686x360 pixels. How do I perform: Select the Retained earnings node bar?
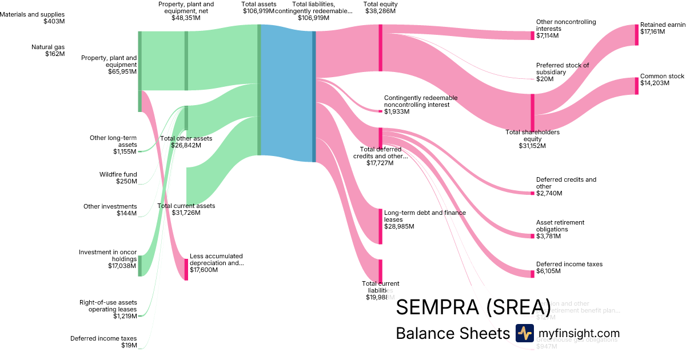(x=636, y=35)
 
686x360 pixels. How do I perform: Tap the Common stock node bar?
(x=636, y=86)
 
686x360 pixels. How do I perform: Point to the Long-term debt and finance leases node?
(x=380, y=226)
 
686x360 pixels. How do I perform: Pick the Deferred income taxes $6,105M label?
(x=569, y=267)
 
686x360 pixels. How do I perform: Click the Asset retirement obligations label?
(x=560, y=226)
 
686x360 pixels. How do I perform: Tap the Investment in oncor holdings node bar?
(x=139, y=266)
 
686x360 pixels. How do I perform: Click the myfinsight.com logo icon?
(x=524, y=333)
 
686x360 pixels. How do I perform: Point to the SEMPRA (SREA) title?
(x=473, y=307)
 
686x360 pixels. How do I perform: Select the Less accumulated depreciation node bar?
(x=186, y=269)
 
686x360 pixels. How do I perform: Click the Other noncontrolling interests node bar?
(x=532, y=35)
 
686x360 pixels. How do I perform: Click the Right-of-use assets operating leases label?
(x=108, y=309)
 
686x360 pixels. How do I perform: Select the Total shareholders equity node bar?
(x=532, y=112)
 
